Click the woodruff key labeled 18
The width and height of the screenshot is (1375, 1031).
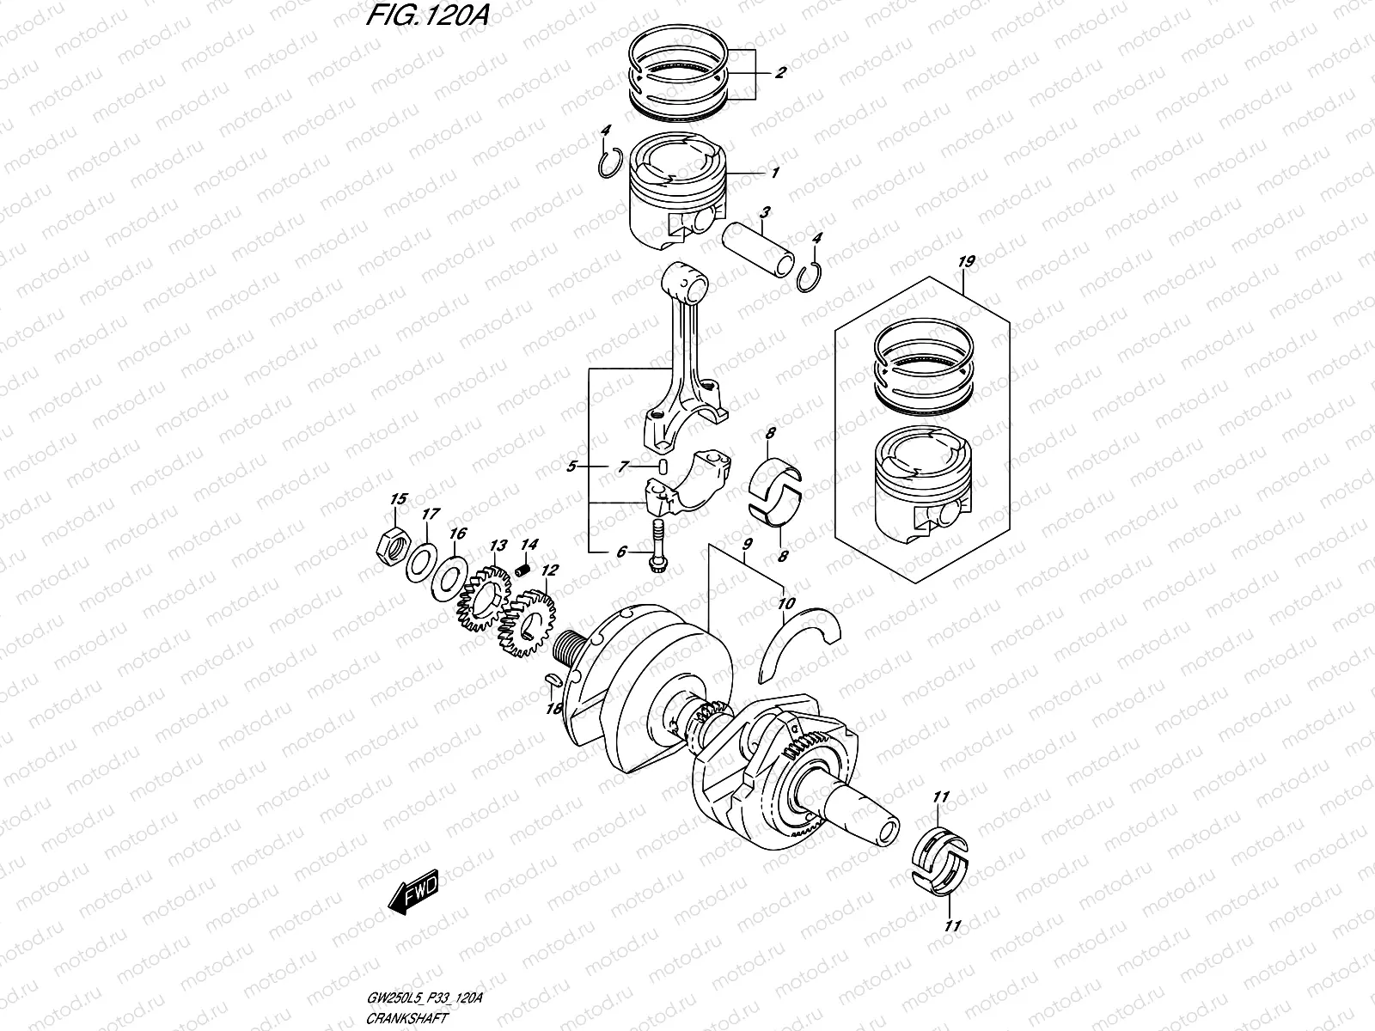click(x=553, y=680)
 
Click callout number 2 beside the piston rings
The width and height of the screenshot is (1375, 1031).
click(x=779, y=73)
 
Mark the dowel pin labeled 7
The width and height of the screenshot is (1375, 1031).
click(x=663, y=467)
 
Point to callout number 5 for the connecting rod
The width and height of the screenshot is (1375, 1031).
click(x=571, y=467)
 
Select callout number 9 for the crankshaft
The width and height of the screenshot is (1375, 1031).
click(x=746, y=544)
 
